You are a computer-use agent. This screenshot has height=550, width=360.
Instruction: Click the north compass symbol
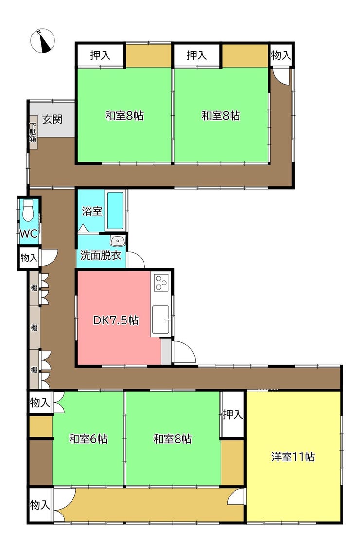click(x=42, y=41)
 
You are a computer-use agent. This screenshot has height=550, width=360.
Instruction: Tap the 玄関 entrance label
click(x=52, y=119)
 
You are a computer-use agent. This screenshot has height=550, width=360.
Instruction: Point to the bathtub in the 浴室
click(x=115, y=211)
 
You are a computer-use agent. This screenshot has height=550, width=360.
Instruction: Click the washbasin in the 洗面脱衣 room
click(x=117, y=241)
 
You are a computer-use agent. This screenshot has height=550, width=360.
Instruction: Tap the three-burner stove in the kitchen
click(x=161, y=283)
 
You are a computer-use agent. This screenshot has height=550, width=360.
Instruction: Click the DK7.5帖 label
click(x=116, y=320)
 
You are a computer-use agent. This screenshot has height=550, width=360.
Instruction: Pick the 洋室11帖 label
click(x=293, y=457)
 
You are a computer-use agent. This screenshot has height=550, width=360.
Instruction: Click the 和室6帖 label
click(x=88, y=439)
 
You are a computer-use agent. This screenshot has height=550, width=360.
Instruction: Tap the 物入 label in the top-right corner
click(x=281, y=55)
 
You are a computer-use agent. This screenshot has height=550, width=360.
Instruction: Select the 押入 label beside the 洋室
click(x=233, y=415)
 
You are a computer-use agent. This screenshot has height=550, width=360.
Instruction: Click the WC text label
click(x=29, y=233)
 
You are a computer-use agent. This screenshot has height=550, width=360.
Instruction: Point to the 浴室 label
click(x=92, y=211)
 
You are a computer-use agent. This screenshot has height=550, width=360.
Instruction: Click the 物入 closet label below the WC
click(x=29, y=258)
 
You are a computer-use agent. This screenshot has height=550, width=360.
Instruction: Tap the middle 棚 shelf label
click(x=34, y=328)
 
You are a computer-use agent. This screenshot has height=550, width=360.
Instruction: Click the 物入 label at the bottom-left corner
click(x=40, y=505)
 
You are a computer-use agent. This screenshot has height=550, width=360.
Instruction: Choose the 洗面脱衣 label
click(x=101, y=255)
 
